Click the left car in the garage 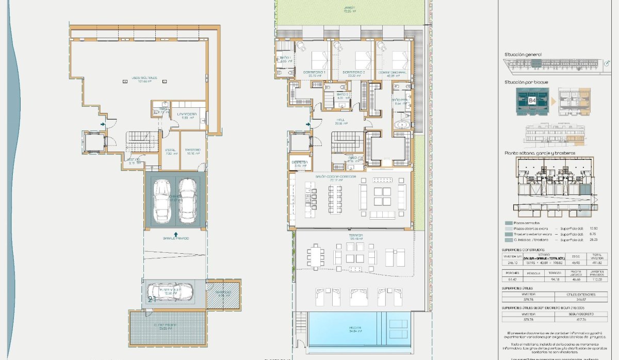pos(162,201)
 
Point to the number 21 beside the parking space pos(152,299)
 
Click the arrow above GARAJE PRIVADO pos(176,233)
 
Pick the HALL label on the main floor pos(341,121)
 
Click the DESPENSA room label pos(300,162)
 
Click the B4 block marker pos(532,101)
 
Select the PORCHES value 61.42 pos(511,279)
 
